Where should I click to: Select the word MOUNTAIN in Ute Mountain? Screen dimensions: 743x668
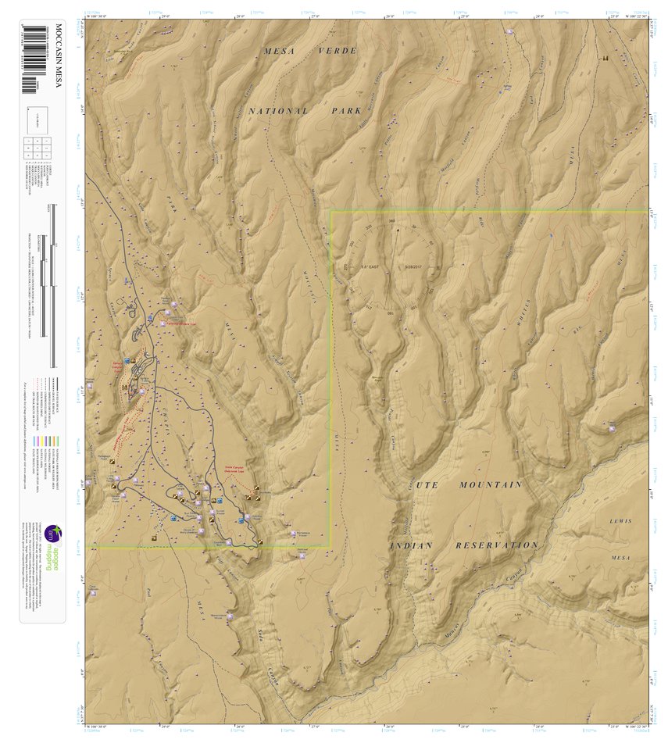491,485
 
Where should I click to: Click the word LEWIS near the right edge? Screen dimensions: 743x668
620,520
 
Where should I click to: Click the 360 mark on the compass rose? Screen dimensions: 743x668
391,221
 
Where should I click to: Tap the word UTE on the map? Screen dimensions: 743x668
425,485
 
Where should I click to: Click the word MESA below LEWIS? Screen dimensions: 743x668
620,558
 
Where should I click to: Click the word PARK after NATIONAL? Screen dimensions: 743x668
345,111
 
